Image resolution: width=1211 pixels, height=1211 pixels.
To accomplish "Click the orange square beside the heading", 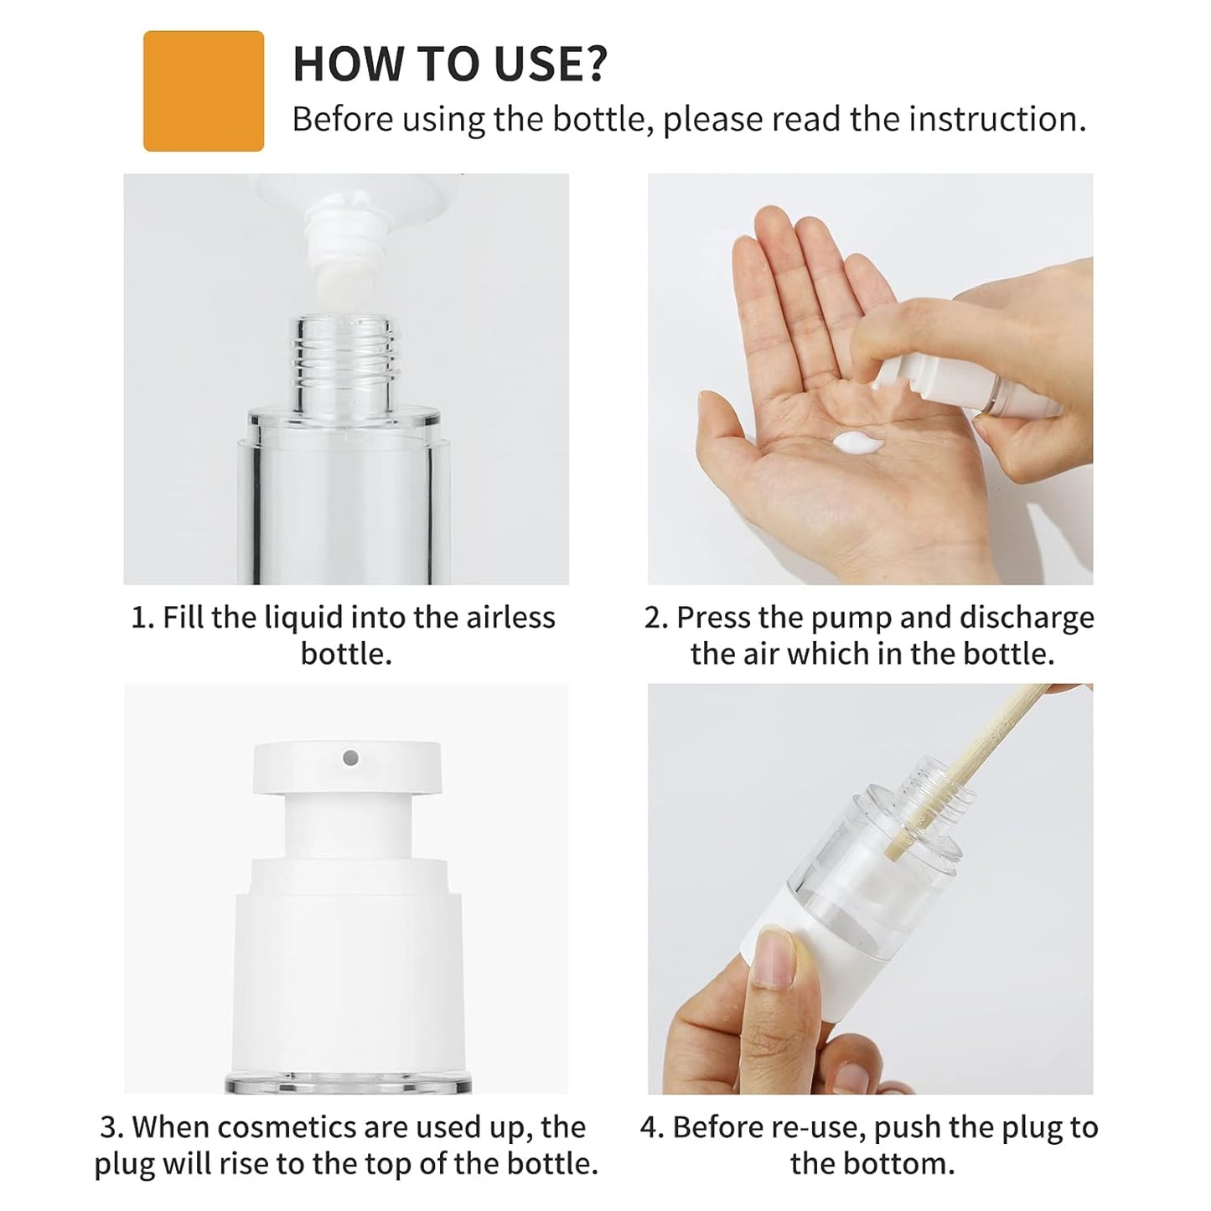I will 204,91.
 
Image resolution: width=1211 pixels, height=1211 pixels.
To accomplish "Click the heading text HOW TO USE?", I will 449,64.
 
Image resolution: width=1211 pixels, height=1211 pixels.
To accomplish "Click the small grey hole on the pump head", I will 351,758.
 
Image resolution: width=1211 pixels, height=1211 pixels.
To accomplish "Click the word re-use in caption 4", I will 819,1127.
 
